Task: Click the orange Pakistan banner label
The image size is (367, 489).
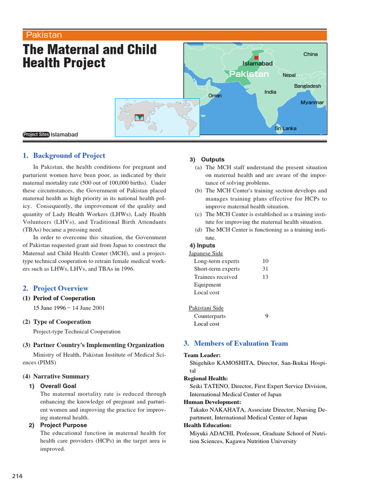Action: click(44, 35)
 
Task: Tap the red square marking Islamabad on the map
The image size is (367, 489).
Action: click(256, 58)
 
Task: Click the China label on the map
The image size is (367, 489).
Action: click(310, 54)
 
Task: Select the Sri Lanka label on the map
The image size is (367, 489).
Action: click(286, 128)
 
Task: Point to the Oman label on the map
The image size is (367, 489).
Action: click(215, 96)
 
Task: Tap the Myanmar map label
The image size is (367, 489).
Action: click(312, 103)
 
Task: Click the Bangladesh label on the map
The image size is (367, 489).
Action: click(307, 86)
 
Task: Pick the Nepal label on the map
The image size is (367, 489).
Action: click(289, 75)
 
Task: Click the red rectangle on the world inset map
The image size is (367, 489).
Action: click(139, 117)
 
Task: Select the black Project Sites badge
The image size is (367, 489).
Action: click(36, 135)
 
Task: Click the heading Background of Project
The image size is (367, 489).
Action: click(64, 155)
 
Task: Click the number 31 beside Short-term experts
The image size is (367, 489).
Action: click(266, 269)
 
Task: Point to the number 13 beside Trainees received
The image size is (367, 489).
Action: click(266, 277)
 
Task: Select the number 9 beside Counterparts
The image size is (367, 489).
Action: click(266, 316)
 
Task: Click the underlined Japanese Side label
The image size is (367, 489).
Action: click(206, 254)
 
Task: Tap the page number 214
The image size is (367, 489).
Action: click(17, 476)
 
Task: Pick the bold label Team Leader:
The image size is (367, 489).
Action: click(202, 355)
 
